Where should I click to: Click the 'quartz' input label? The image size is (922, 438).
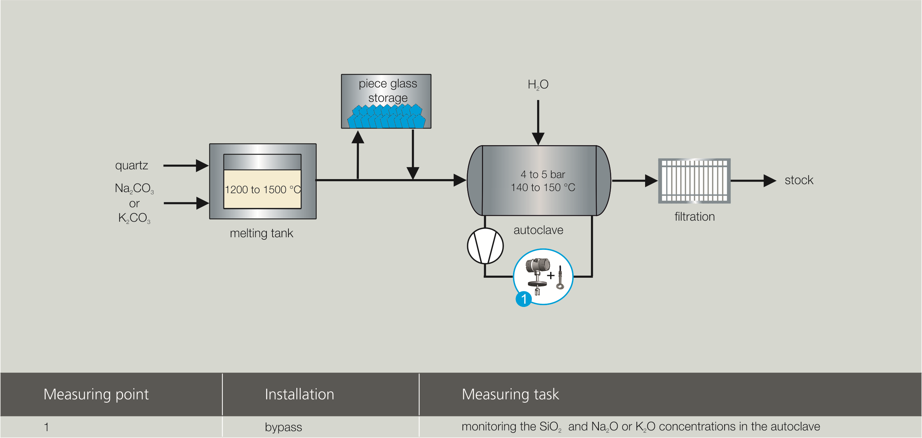pos(131,165)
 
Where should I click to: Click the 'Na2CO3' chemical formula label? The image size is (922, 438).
pos(134,188)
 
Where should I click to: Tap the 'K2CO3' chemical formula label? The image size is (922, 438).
pos(134,218)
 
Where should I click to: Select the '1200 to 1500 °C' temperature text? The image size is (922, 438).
pos(262,190)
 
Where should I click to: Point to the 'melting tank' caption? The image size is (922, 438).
pos(261,233)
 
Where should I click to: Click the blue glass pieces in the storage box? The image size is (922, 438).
pos(386,117)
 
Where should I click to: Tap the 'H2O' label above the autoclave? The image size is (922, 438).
pos(538,84)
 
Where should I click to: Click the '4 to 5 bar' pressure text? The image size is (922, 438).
pos(543,174)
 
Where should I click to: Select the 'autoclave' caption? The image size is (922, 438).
pos(538,230)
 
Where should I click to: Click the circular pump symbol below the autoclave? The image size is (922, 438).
pos(485,246)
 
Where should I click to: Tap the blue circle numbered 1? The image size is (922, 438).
pos(524,299)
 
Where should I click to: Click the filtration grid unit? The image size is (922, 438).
pos(694,181)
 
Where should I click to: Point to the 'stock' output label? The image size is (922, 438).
pos(799,180)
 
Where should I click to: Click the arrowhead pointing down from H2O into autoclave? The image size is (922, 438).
pos(538,139)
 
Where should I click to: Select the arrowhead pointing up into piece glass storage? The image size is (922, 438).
pos(358,137)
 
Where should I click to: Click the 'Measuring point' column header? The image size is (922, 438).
pos(96,394)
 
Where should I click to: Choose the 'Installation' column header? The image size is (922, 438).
pos(299,394)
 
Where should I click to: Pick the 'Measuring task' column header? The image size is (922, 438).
pos(510,394)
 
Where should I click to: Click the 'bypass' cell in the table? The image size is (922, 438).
pos(283,427)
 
